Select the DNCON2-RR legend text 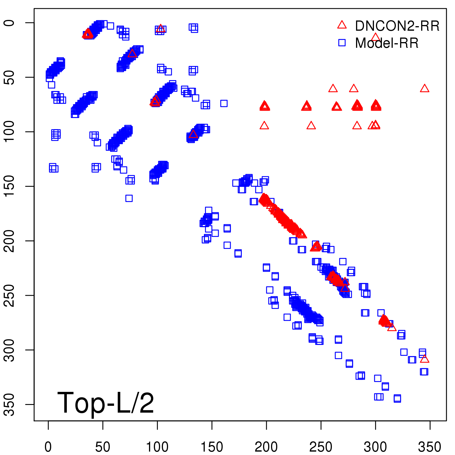[x=397, y=26]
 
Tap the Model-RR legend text [x=387, y=43]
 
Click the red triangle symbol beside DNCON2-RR [x=342, y=25]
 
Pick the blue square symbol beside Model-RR [x=342, y=43]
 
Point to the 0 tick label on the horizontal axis [x=48, y=447]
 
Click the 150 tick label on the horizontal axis [x=212, y=447]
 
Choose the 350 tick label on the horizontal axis [x=429, y=447]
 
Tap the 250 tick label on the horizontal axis [x=320, y=447]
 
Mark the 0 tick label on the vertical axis [x=10, y=23]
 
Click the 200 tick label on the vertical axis [x=10, y=241]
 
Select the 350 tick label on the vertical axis [x=10, y=404]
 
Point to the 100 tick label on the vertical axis [x=10, y=132]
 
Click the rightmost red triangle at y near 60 [x=424, y=88]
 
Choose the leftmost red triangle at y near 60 [x=333, y=88]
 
